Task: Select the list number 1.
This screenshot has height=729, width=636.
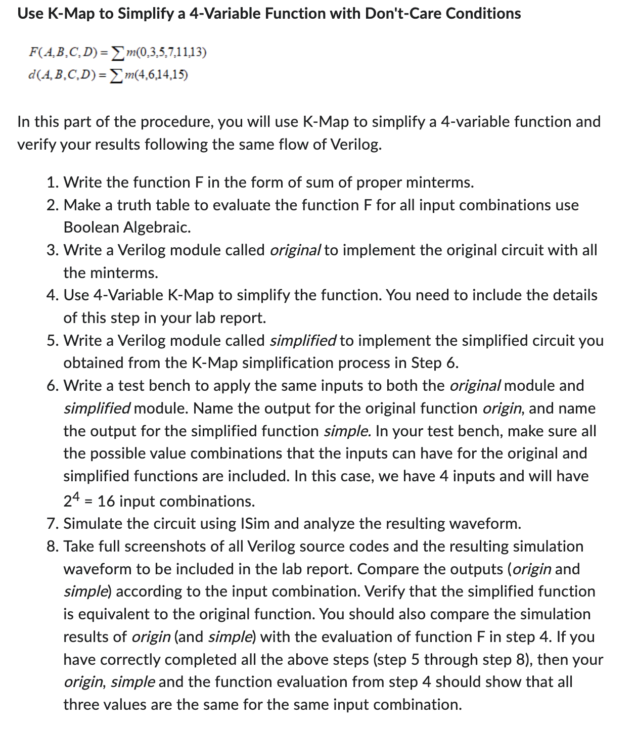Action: click(51, 183)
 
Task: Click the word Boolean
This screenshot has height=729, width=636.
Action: click(92, 227)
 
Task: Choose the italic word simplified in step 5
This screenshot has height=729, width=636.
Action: click(303, 341)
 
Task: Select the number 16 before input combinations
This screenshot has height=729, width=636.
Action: click(106, 502)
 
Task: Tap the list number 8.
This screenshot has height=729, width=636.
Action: click(51, 546)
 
